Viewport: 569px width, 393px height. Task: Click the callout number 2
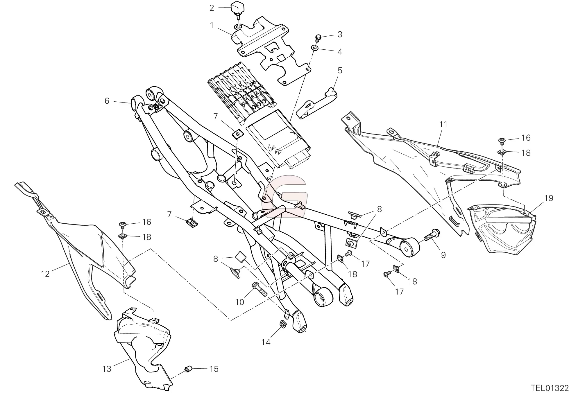point(212,8)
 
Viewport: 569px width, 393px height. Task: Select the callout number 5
point(340,71)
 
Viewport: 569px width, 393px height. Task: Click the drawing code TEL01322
point(549,388)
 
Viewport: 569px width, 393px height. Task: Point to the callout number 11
point(443,124)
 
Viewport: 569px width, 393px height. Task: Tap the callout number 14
point(266,342)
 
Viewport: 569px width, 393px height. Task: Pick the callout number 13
point(107,369)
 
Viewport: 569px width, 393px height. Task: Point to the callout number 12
point(45,274)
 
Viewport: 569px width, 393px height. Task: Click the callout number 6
point(107,101)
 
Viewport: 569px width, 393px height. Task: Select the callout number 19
point(549,198)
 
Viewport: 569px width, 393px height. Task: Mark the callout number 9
point(443,255)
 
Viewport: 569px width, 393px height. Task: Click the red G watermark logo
point(284,196)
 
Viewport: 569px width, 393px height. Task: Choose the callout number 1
point(212,26)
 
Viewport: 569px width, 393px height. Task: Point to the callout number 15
point(214,369)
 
